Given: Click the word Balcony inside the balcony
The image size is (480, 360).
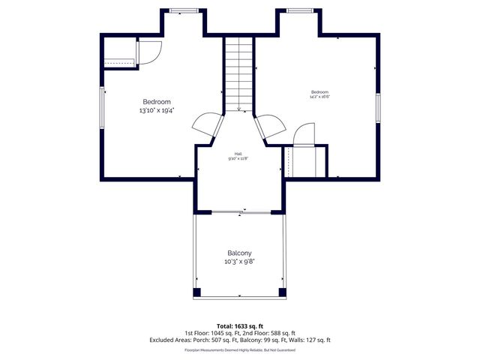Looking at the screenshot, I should click(x=239, y=253).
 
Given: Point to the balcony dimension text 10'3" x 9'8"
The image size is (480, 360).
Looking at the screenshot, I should click(x=239, y=262).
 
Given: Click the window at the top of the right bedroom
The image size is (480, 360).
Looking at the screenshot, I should click(x=299, y=10).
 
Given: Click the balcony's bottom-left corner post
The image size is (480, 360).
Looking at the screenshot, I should click(x=197, y=292).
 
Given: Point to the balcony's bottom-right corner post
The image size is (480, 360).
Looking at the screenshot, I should click(x=282, y=292).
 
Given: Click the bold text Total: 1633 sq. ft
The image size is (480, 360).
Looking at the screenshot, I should click(x=239, y=326).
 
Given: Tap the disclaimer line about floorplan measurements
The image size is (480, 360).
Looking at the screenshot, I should click(x=239, y=350).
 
